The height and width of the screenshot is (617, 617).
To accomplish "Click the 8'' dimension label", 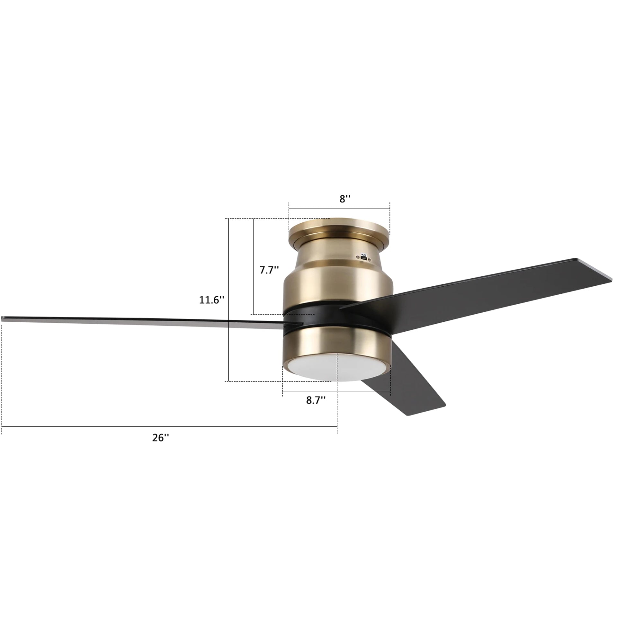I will pyautogui.click(x=344, y=199).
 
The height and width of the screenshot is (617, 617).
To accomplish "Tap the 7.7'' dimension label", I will pyautogui.click(x=269, y=270).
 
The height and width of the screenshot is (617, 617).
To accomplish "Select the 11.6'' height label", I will pyautogui.click(x=211, y=300).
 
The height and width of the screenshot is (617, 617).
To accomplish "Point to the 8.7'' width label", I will pyautogui.click(x=316, y=400).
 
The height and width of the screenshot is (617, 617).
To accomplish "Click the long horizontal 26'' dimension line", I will pyautogui.click(x=161, y=426).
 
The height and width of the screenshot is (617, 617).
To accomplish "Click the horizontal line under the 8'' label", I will pyautogui.click(x=339, y=208).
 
